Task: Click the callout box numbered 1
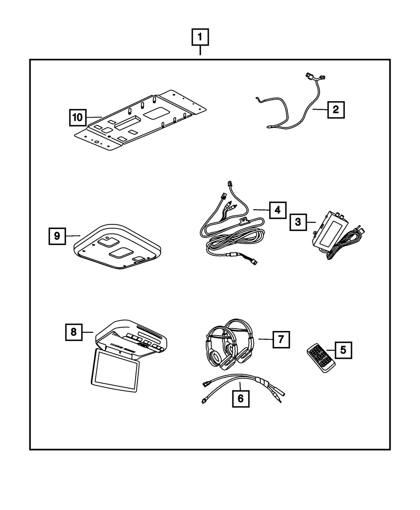point(200,38)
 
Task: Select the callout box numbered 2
point(336,110)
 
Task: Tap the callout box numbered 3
point(298,222)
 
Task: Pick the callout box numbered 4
point(277,209)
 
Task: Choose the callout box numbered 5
point(343,350)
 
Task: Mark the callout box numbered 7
point(281,339)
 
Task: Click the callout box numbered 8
point(74,332)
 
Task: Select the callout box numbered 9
point(57,236)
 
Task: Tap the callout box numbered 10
point(78,117)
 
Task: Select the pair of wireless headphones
point(228,345)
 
